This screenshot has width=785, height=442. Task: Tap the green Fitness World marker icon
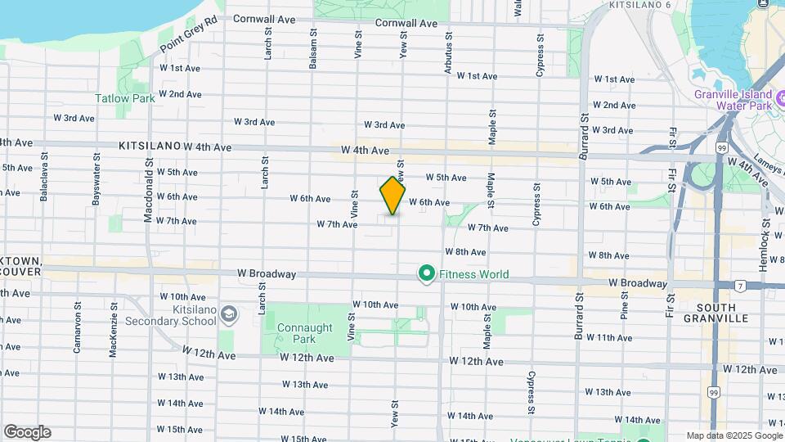[x=426, y=274]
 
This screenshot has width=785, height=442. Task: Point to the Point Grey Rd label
[x=189, y=34]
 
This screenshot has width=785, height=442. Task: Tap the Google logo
[x=27, y=432]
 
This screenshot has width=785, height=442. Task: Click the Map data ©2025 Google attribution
[x=733, y=435]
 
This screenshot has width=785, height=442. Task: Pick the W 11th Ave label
[x=609, y=337]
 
